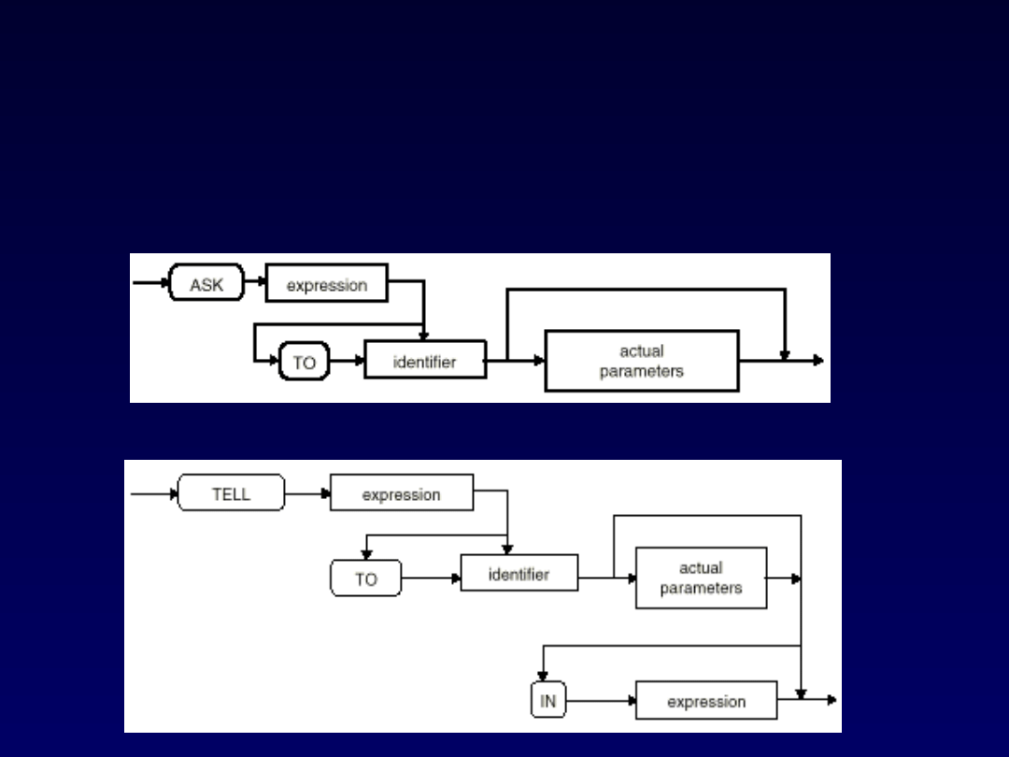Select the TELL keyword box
pos(231,493)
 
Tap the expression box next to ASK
pos(326,283)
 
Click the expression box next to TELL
pos(402,493)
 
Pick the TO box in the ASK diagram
pos(305,361)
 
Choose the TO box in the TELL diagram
pos(365,578)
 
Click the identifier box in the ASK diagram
pos(425,360)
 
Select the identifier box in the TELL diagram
pos(519,573)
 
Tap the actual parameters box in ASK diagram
pos(642,361)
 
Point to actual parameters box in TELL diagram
pos(701,578)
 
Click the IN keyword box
pos(548,700)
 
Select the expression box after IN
pos(705,700)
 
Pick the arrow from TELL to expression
pos(307,493)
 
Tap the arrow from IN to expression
pos(601,700)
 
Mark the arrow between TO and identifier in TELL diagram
pos(431,578)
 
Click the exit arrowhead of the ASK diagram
pos(818,360)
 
